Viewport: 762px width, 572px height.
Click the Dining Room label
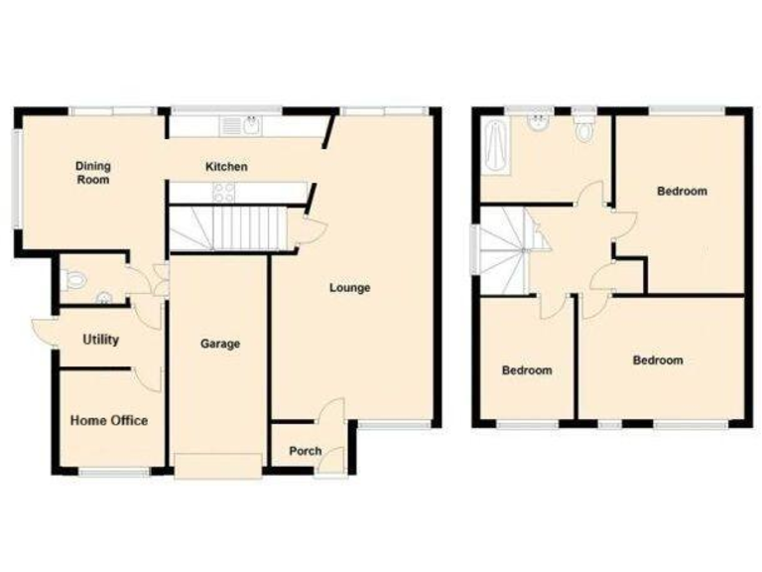[x=91, y=173]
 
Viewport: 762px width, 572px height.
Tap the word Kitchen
[x=226, y=167]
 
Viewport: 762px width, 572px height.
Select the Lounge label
[x=350, y=288]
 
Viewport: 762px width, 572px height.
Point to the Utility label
[x=100, y=340]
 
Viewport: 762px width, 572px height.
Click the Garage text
[x=220, y=344]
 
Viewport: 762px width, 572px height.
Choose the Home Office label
[x=109, y=421]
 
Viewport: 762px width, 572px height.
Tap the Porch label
[x=306, y=451]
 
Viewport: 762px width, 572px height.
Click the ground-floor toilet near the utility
[x=73, y=281]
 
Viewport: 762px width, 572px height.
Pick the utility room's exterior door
[x=42, y=328]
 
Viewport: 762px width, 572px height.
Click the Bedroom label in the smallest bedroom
[x=526, y=370]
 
